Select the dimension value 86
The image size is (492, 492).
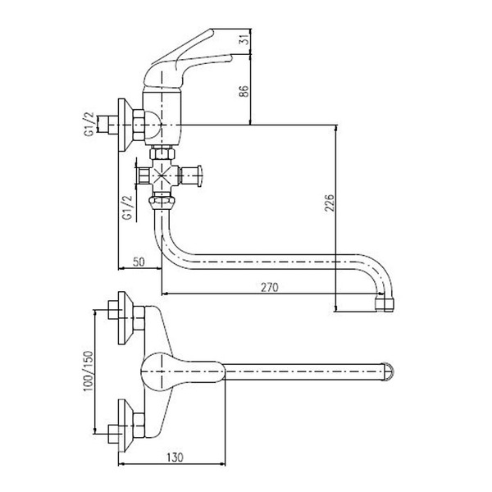point(244,91)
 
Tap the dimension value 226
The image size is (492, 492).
point(330,203)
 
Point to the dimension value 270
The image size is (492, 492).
point(270,287)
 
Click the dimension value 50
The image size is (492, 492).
point(139,262)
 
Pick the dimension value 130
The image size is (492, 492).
point(175,458)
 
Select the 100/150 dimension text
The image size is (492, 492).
point(89,371)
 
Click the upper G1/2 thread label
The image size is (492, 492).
point(89,125)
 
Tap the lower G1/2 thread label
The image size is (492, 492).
point(128,207)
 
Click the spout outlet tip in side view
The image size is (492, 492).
point(385,303)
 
